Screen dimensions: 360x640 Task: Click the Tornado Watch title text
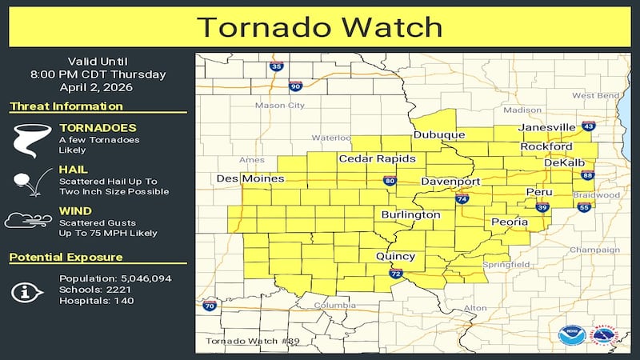pos(320,26)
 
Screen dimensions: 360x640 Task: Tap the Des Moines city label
pos(242,178)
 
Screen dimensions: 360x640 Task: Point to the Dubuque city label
pos(439,135)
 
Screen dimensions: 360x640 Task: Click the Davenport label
pos(451,182)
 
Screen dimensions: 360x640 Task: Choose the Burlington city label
pos(410,215)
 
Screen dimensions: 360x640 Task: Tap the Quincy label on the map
pos(396,256)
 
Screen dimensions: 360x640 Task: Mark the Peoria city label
pos(510,222)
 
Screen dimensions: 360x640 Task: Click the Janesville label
pos(547,127)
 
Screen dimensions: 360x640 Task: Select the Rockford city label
pos(546,147)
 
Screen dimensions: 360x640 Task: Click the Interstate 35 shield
pos(276,67)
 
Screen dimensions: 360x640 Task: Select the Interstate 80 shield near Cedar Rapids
pos(388,181)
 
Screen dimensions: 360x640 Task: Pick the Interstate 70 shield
pos(210,305)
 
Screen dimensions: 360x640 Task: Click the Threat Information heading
pos(66,106)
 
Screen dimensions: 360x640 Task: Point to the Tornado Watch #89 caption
pos(242,341)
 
